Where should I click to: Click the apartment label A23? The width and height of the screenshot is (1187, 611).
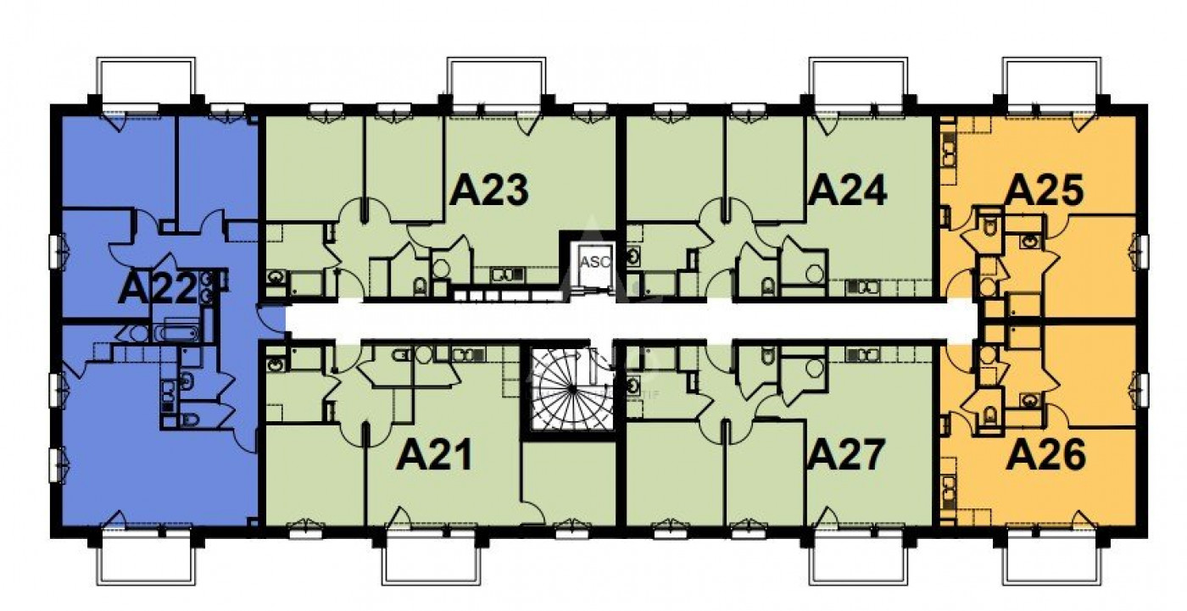(489, 190)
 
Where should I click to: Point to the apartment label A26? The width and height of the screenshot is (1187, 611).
(1045, 457)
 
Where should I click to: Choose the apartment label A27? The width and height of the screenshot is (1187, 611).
(847, 456)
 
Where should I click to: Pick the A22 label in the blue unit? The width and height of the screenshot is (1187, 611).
(158, 289)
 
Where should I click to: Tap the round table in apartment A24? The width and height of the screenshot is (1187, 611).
(814, 273)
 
